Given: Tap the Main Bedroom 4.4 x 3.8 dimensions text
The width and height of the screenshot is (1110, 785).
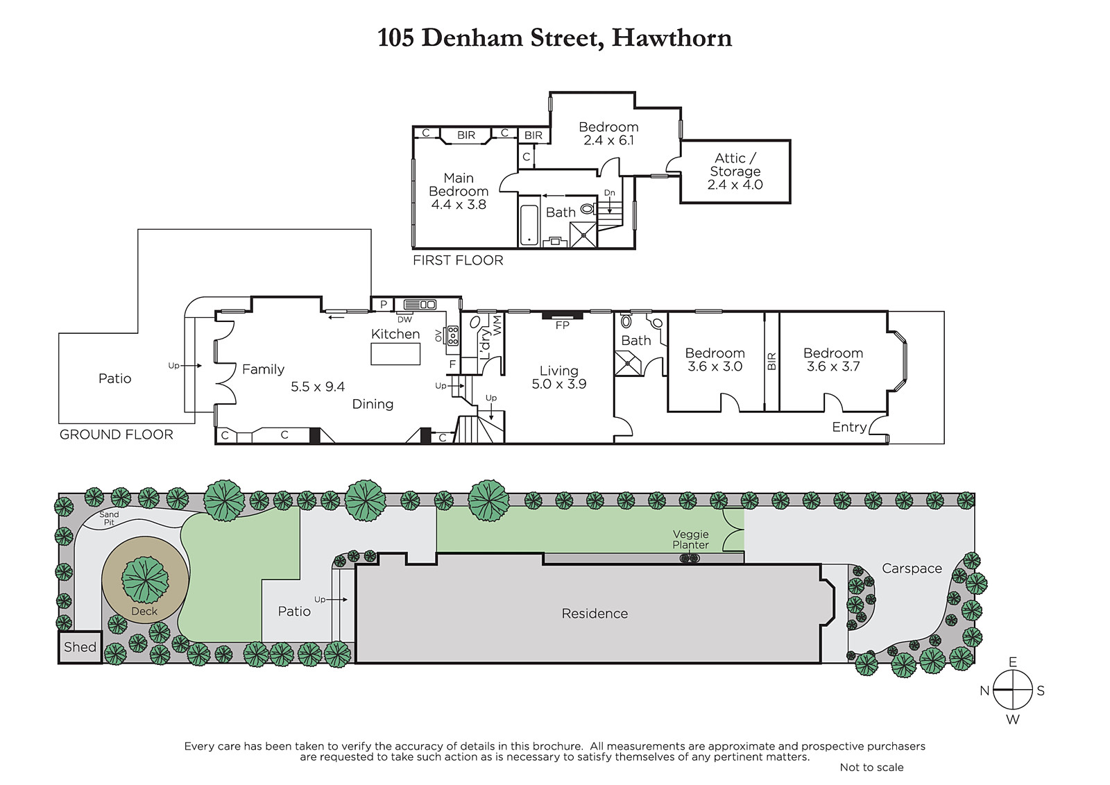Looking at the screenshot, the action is [459, 204].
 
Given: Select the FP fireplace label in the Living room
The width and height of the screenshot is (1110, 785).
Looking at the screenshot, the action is [563, 326].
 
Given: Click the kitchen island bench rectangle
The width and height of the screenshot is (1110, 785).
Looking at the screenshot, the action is [395, 354].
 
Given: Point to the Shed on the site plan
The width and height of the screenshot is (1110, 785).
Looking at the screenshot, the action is [80, 647].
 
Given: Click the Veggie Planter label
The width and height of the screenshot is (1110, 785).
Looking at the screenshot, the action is [690, 539].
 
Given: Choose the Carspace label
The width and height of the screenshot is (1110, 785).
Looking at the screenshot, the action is [912, 568].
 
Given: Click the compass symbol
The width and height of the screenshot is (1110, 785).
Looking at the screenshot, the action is [1013, 690].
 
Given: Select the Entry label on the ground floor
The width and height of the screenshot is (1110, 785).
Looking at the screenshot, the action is [849, 427].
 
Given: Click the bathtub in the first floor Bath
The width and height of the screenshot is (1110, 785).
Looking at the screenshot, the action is [529, 225].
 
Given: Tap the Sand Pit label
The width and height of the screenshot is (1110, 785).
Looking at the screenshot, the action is [109, 518].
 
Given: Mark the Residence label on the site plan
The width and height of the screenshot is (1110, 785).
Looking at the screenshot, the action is [595, 614].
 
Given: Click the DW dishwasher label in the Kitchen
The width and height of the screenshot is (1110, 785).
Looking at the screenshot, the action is [405, 320].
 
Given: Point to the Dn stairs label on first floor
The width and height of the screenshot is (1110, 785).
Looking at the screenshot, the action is [610, 192].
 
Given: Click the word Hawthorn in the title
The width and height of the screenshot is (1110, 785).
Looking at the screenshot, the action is [672, 38].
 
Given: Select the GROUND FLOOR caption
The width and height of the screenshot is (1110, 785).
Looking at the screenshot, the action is [117, 435].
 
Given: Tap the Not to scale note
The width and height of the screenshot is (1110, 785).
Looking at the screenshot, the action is [871, 767].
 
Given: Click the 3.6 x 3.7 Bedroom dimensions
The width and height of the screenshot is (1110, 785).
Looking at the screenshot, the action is [833, 366].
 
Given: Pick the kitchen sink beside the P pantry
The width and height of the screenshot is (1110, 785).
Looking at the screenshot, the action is [420, 305].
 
